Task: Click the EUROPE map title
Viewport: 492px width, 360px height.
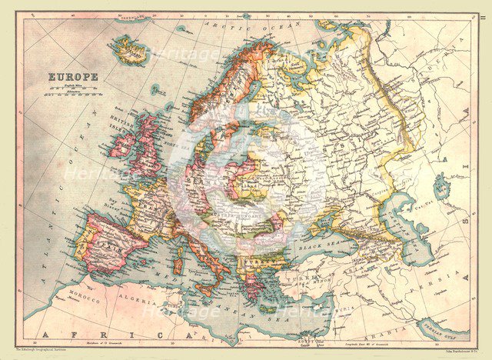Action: click(x=73, y=77)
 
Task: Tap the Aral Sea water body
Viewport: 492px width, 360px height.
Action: click(x=441, y=185)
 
